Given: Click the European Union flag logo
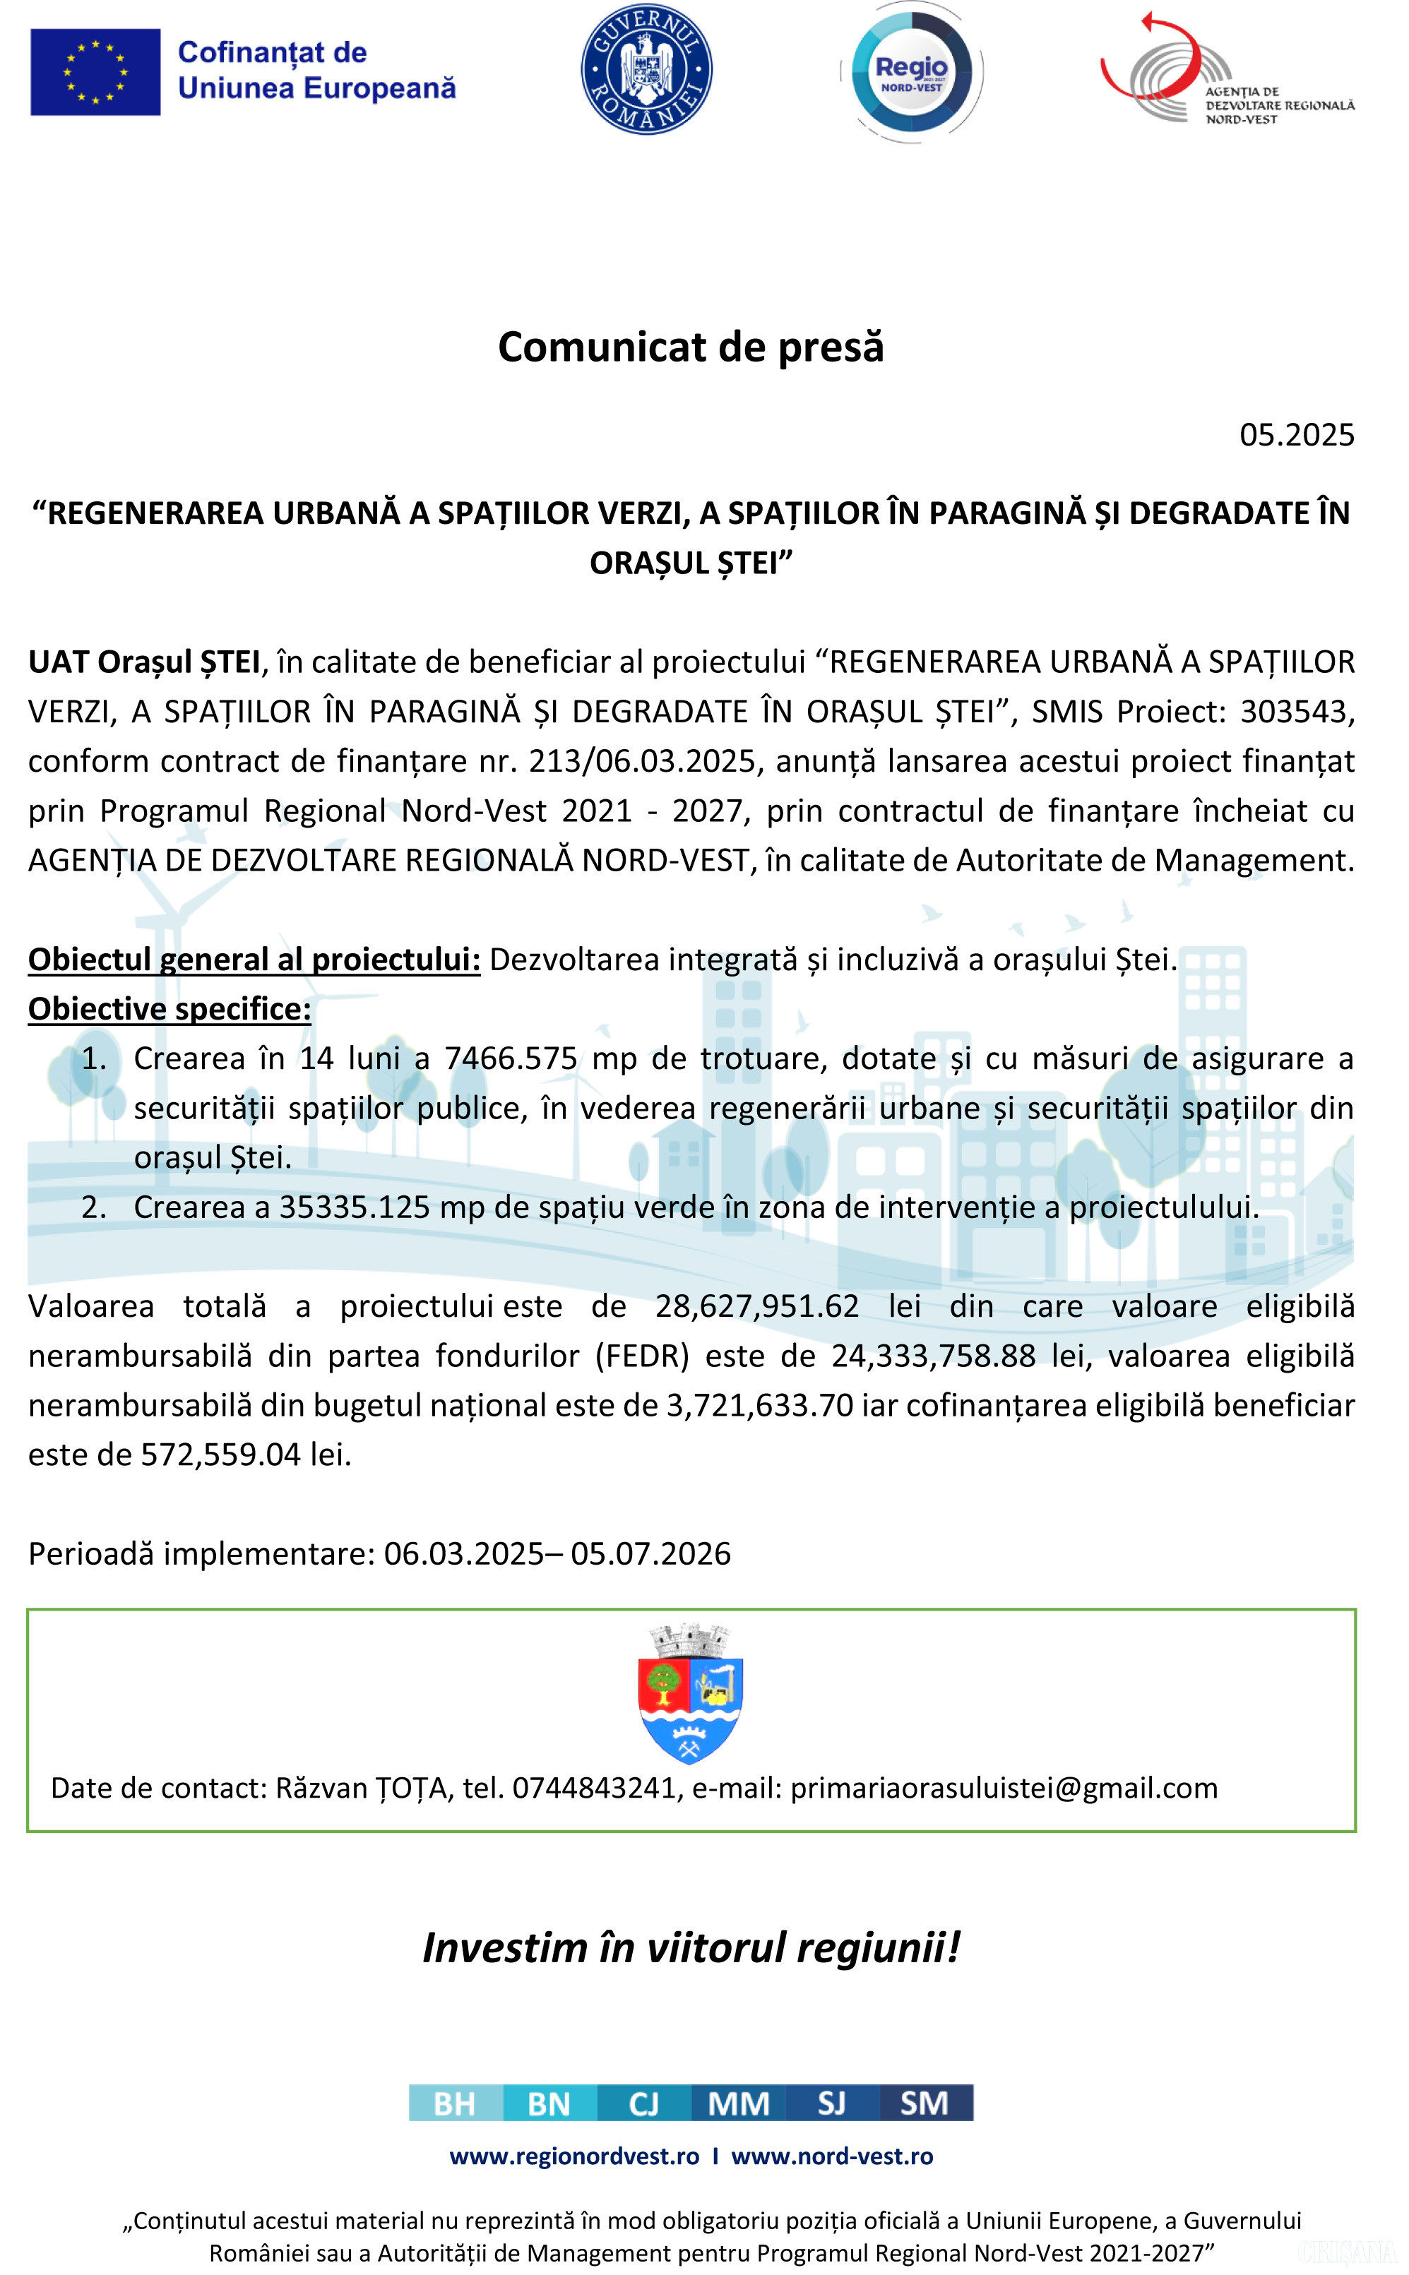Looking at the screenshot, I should click(95, 72).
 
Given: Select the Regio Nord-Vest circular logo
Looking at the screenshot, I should click(910, 73).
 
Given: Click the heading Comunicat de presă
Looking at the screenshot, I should click(691, 347).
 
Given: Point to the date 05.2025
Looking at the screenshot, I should click(1295, 435).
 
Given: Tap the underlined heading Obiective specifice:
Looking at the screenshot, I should click(170, 1009).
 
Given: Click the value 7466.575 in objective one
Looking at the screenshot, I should click(511, 1058).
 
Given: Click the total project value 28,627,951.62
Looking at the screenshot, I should click(756, 1306).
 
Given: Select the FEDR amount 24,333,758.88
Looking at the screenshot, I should click(933, 1356).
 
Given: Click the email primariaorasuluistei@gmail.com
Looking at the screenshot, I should click(1004, 1788).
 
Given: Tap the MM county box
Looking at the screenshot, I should click(738, 2103).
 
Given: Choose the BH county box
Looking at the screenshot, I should click(455, 2103).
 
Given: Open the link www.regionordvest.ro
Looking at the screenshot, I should click(574, 2156).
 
